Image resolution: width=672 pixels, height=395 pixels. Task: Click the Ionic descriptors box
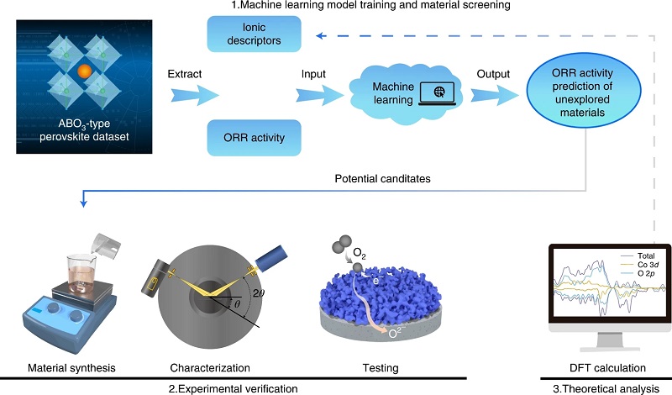click(255, 34)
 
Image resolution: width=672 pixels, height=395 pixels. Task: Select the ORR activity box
click(255, 138)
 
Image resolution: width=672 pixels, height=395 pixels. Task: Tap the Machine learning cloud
click(405, 94)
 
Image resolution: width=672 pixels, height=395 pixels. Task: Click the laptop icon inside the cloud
click(438, 93)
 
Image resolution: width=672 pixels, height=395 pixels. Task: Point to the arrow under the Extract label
click(195, 95)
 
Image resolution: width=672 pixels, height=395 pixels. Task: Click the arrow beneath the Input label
click(320, 95)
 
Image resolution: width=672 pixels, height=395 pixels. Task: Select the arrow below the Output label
click(495, 95)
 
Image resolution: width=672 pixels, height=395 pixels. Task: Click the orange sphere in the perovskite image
click(85, 71)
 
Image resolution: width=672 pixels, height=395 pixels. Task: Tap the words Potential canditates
click(383, 178)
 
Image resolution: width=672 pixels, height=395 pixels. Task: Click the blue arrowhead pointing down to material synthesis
click(83, 202)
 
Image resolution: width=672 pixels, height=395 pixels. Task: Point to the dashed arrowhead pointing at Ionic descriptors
click(321, 36)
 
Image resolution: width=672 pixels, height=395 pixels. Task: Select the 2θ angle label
click(259, 293)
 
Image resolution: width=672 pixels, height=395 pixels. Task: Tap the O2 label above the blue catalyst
click(360, 254)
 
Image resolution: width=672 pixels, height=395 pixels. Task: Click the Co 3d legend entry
click(639, 265)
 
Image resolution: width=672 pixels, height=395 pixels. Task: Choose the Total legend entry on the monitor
click(638, 255)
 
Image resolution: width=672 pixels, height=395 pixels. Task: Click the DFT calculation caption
click(607, 368)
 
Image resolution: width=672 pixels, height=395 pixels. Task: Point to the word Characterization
click(210, 368)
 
